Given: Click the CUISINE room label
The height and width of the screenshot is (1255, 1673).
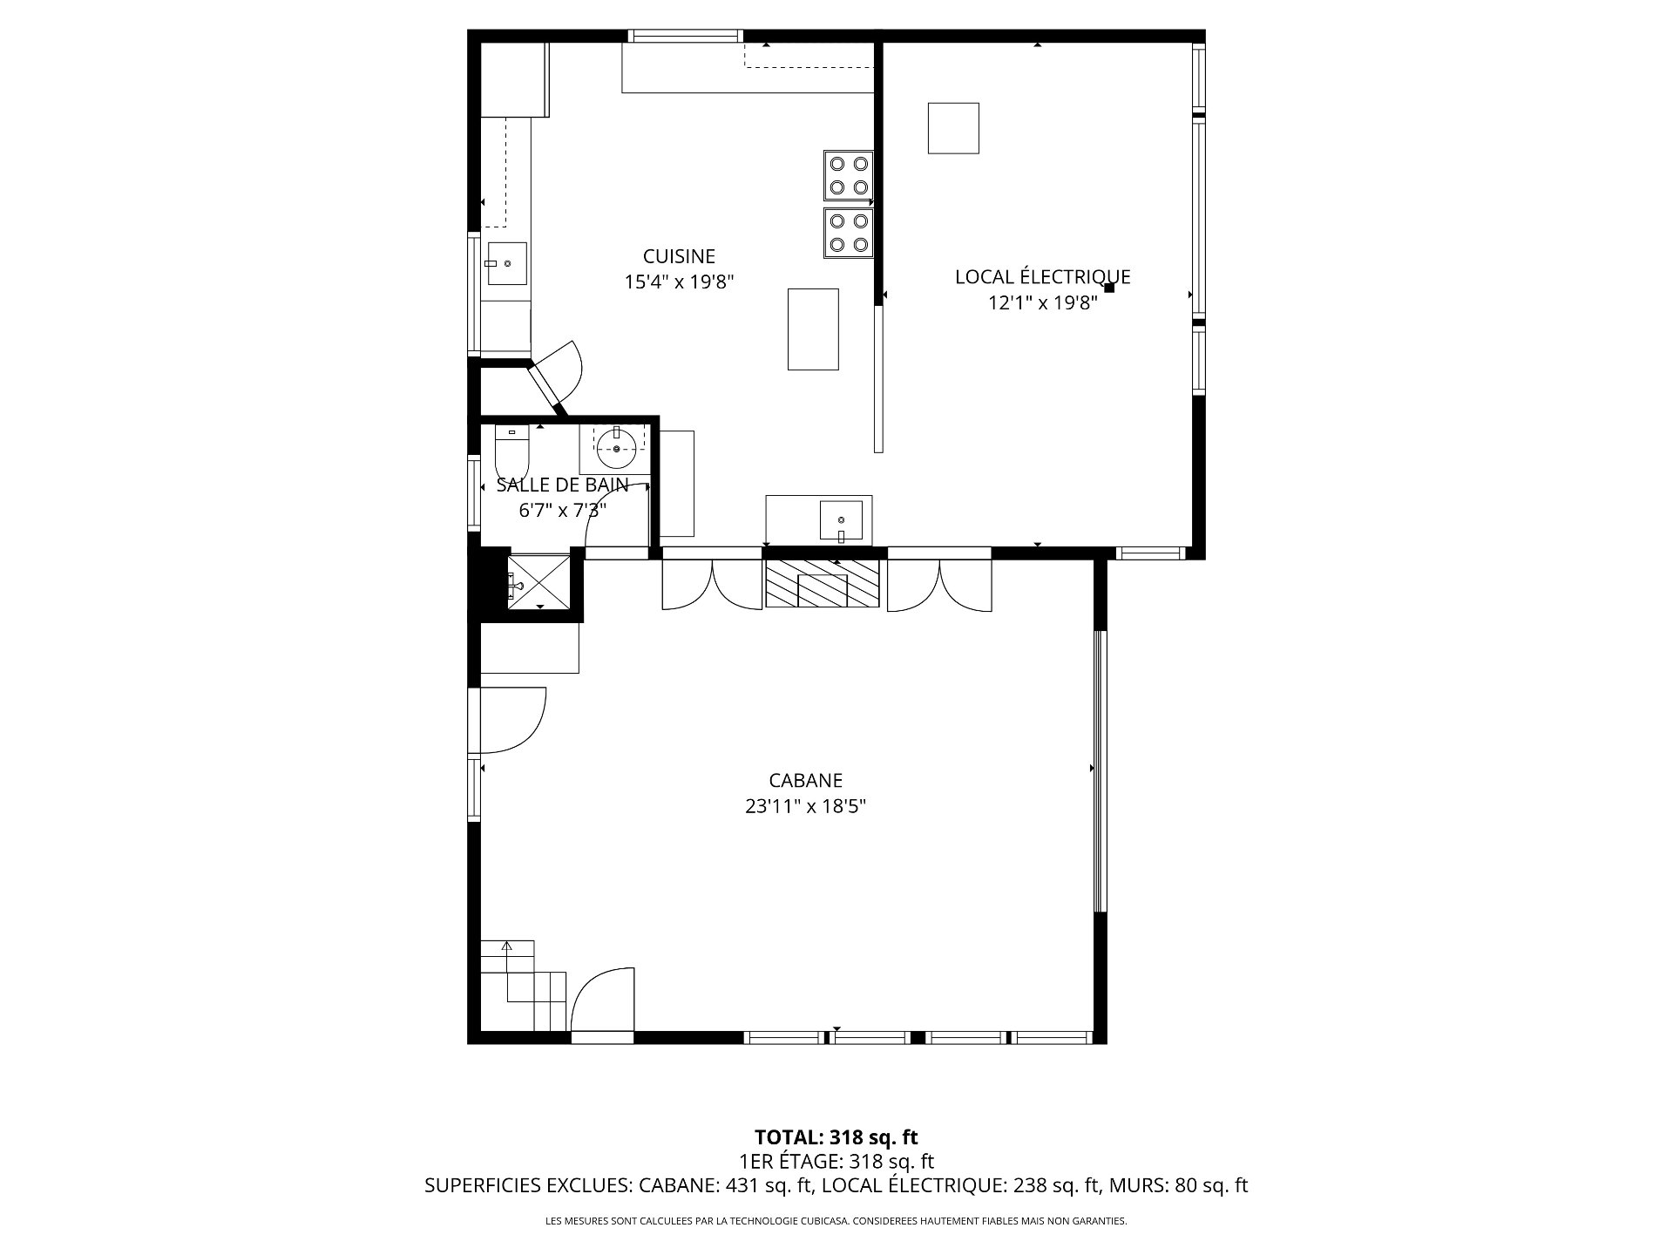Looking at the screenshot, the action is (679, 256).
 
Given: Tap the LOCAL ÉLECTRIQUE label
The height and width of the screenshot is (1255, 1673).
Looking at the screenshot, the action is (1042, 276).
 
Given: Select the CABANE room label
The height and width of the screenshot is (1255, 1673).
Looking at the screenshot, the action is (805, 781).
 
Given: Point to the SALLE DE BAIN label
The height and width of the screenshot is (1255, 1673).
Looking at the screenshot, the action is (562, 485).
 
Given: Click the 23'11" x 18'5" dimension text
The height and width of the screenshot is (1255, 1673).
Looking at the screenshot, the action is (805, 807).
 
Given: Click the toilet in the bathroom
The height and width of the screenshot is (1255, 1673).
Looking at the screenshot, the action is (511, 451).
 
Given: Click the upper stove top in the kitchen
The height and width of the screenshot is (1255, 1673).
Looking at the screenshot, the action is (849, 175).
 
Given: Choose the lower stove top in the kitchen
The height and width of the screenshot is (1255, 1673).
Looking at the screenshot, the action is (849, 233).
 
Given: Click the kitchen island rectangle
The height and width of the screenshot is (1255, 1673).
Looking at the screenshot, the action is (813, 329).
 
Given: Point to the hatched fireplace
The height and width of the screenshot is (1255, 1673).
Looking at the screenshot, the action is (822, 583).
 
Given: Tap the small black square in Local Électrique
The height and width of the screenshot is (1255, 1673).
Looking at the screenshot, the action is (1109, 287).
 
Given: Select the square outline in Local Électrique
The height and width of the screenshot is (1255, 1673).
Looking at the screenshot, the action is (953, 128).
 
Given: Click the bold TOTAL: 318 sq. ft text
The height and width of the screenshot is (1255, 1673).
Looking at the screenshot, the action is (836, 1137).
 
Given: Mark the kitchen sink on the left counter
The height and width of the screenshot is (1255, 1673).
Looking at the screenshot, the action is (506, 264).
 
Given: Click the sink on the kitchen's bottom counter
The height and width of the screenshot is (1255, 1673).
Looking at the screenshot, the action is (841, 522).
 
